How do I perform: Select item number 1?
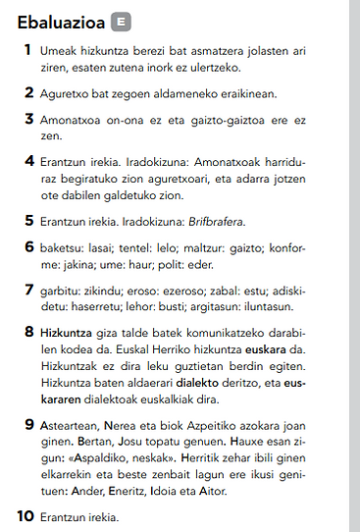tap(28, 48)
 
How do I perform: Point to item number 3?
tap(28, 119)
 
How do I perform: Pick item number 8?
tap(28, 333)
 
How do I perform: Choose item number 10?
tap(26, 515)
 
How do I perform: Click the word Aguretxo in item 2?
tap(63, 94)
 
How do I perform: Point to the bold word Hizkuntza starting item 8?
tap(66, 334)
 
